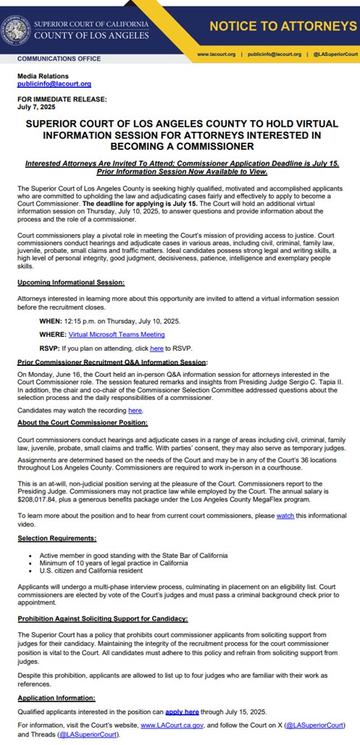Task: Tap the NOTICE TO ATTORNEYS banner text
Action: pyautogui.click(x=282, y=27)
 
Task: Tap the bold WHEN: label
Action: pyautogui.click(x=51, y=320)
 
